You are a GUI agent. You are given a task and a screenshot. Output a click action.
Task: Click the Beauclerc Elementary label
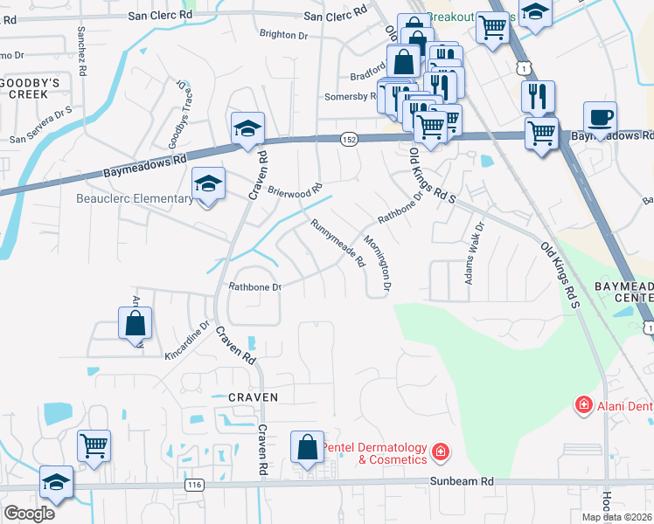[x=140, y=198]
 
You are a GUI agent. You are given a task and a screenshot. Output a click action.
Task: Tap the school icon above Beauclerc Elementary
[x=207, y=183]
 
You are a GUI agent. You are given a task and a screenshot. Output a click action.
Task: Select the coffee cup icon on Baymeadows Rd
[x=600, y=117]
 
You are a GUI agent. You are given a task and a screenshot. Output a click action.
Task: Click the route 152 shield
[x=348, y=140]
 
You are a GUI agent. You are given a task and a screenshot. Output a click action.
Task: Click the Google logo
[x=29, y=513]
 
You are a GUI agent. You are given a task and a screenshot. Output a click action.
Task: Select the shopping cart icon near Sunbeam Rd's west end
[x=94, y=446]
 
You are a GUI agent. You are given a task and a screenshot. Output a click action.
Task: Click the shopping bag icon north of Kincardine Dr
[x=135, y=323]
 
